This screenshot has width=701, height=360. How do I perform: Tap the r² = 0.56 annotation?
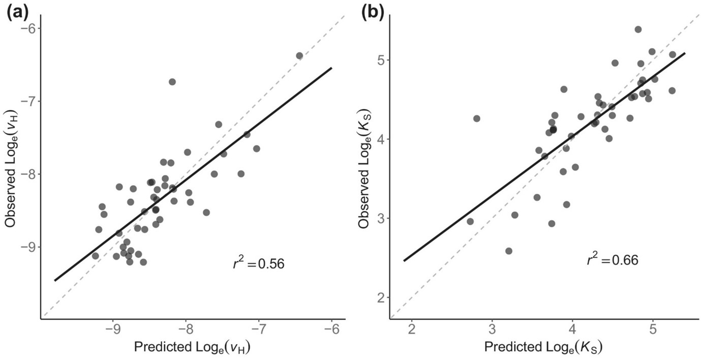[x=258, y=264]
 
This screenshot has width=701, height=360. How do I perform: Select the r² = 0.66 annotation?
[x=612, y=260]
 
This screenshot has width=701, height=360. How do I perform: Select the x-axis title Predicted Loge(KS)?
[x=543, y=348]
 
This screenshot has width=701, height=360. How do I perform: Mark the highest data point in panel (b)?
[x=638, y=29]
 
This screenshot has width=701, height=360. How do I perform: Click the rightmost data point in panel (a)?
[x=299, y=55]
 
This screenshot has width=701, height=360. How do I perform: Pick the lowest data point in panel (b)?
[x=509, y=251]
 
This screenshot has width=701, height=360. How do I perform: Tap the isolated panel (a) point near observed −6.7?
[x=172, y=82]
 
